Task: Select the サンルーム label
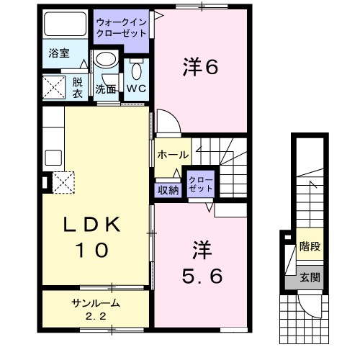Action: (x=95, y=302)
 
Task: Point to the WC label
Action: (x=137, y=89)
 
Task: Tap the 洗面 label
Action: (x=107, y=89)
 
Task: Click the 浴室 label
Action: (x=58, y=53)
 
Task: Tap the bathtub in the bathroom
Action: (x=65, y=27)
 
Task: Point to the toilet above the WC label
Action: (x=137, y=70)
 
